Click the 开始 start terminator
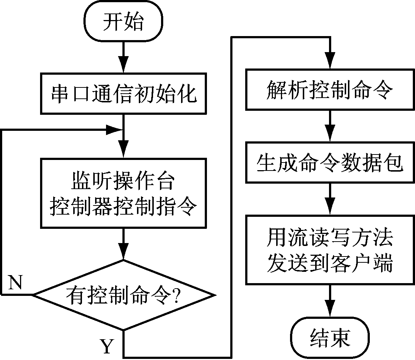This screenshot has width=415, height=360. [x=124, y=23]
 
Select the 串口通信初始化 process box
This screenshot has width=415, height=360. [x=124, y=94]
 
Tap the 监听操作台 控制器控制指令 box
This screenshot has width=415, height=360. [x=124, y=193]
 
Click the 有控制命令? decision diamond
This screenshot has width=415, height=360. [x=124, y=294]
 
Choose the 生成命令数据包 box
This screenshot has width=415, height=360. [x=330, y=163]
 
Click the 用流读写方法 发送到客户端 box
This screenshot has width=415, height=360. [x=330, y=250]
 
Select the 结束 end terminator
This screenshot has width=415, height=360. [x=330, y=337]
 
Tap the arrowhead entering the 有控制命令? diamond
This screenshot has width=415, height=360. [x=124, y=254]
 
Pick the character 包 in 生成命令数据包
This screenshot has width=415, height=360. [x=394, y=163]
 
